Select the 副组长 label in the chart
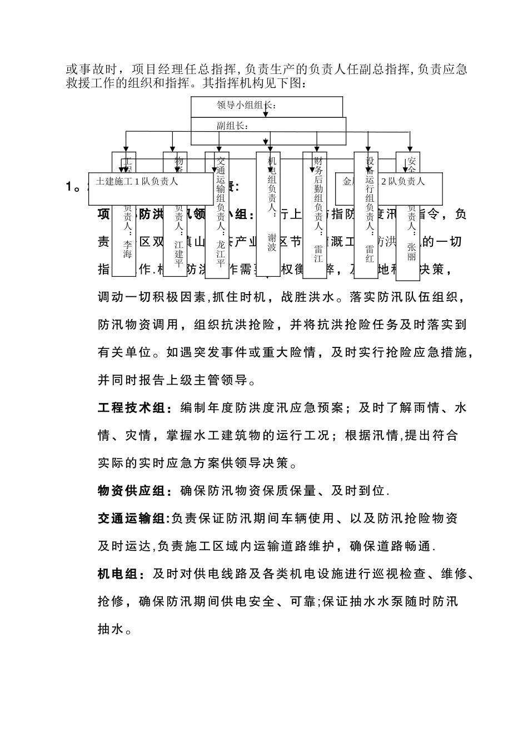(232, 126)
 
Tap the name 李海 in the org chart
(128, 250)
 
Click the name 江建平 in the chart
(178, 253)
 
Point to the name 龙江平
(220, 253)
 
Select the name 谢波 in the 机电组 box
(272, 242)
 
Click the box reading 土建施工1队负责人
(137, 181)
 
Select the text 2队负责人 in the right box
(403, 181)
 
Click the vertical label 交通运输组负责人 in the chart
(220, 189)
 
